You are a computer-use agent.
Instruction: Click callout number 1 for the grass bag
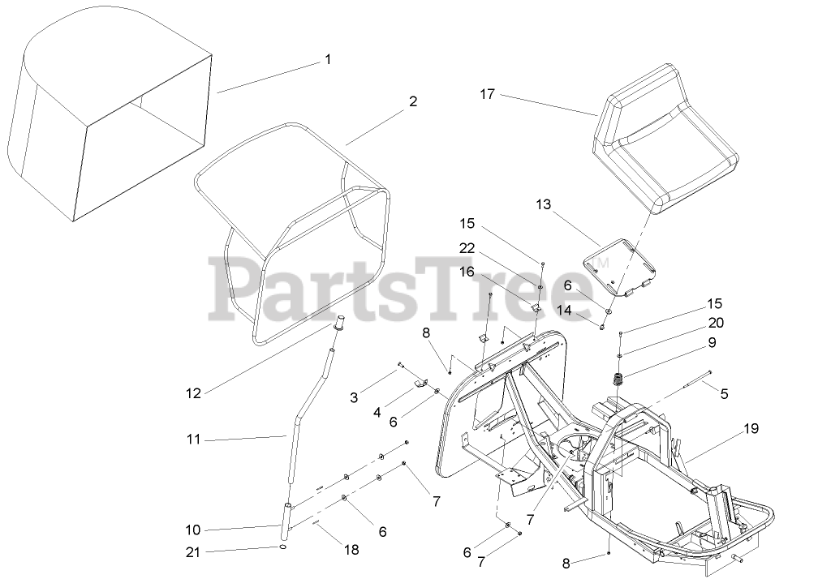[328, 59]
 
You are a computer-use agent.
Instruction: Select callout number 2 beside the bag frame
[413, 101]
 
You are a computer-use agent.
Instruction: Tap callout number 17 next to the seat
[487, 94]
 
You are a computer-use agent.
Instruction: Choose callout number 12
[193, 393]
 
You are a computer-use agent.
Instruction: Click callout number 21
[193, 551]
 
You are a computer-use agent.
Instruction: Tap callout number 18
[351, 549]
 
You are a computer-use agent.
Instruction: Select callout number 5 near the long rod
[725, 394]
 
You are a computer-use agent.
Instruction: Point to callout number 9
[711, 342]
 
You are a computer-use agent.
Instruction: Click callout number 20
[716, 322]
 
